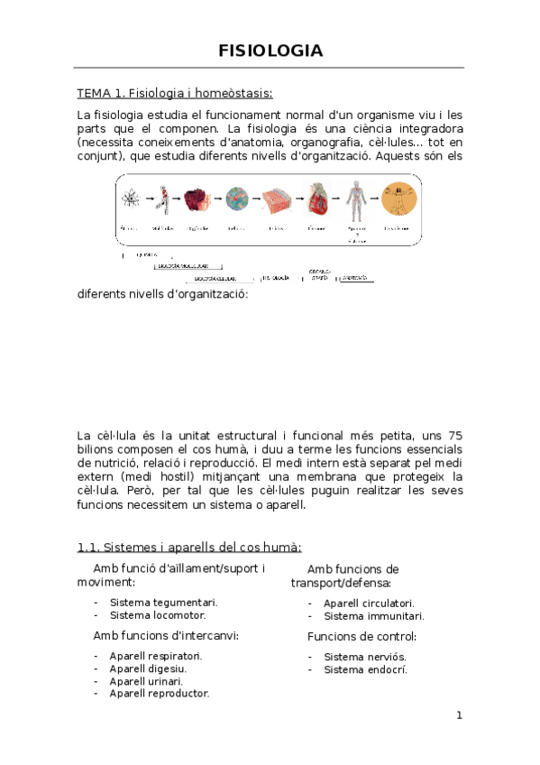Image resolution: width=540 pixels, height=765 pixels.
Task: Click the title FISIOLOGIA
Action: coord(270,50)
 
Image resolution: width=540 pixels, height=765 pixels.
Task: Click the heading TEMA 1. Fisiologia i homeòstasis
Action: coord(174,93)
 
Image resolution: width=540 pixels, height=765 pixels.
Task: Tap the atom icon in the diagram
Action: coord(129,199)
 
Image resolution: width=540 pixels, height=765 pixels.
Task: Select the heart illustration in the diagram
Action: coord(316,199)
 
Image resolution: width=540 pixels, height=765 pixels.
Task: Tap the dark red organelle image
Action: coord(197,199)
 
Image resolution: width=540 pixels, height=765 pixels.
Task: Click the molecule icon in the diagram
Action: coord(163,199)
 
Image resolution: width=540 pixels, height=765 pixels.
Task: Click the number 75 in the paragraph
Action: coord(454,436)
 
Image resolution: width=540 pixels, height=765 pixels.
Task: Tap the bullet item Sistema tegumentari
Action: coord(163,602)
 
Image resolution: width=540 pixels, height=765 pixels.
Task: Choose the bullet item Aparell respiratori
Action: coord(155,656)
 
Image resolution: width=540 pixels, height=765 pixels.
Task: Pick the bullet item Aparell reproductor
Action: coord(159,694)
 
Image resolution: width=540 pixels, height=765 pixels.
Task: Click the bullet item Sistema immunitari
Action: coord(373,616)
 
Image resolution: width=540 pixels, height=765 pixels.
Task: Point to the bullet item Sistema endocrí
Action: coord(365,669)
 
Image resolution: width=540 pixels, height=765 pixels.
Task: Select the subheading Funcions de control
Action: coord(362,637)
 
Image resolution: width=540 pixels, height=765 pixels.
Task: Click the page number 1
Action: coord(458,716)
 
